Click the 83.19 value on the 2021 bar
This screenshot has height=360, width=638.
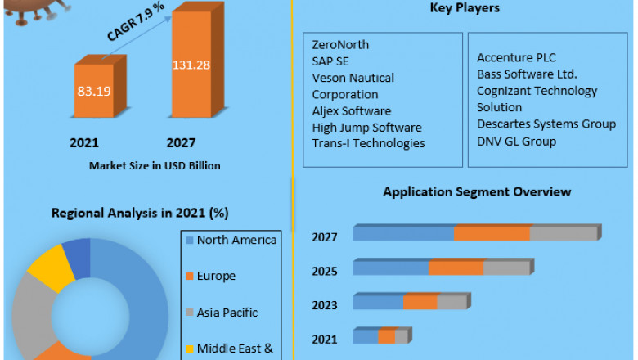94,91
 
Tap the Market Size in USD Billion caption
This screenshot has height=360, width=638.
155,166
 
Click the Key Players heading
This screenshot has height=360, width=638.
465,8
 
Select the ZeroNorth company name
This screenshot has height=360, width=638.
340,44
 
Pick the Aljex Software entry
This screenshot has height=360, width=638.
352,110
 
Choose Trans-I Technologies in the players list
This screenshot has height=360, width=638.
368,143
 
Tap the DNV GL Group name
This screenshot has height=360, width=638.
516,142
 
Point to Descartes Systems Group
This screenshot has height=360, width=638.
546,124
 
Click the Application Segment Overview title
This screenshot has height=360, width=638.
477,191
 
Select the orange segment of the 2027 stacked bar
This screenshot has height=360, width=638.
492,234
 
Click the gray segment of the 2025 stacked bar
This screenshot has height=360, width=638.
506,268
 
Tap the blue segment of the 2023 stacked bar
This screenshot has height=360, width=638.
378,302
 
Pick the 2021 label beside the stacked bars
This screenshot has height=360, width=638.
324,338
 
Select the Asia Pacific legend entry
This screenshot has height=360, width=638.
227,312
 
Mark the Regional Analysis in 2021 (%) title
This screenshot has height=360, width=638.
139,213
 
